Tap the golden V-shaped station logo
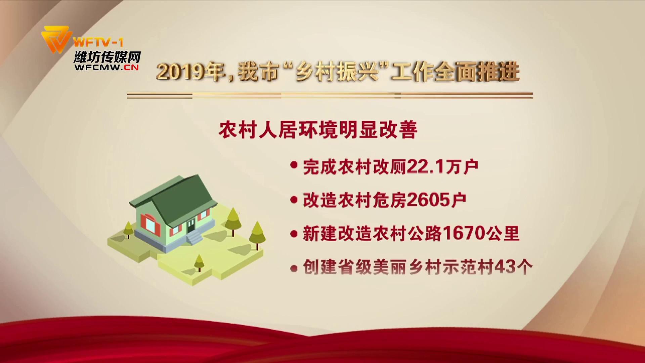(x=56, y=39)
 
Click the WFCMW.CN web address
(x=106, y=67)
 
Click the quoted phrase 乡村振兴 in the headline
(x=337, y=72)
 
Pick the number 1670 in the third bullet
(x=463, y=233)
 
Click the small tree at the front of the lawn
(x=199, y=263)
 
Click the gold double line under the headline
(x=330, y=95)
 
